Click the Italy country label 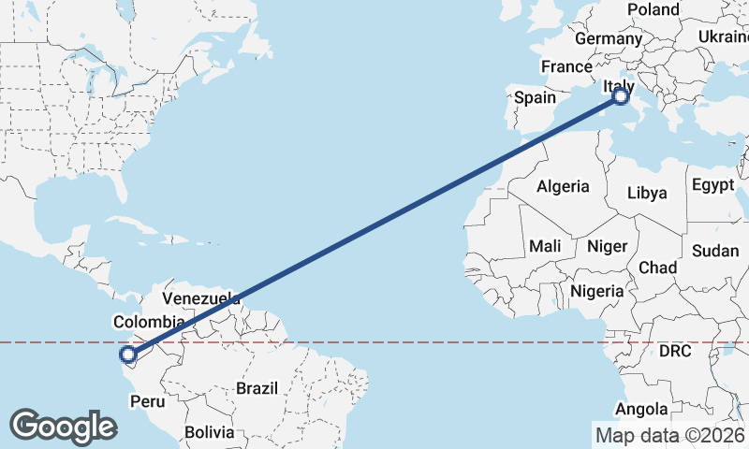pos(619,86)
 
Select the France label pos(566,66)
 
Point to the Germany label pos(607,38)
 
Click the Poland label pos(654,9)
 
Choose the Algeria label pos(563,186)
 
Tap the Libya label pos(648,194)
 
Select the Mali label pos(544,247)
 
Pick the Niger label pos(607,247)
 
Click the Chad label pos(657,268)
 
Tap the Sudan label pos(715,251)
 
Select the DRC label pos(674,352)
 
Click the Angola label pos(642,409)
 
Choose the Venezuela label pos(201,298)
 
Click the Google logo pos(63,426)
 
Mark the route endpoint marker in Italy pos(621,96)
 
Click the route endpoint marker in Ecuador pos(128,354)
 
